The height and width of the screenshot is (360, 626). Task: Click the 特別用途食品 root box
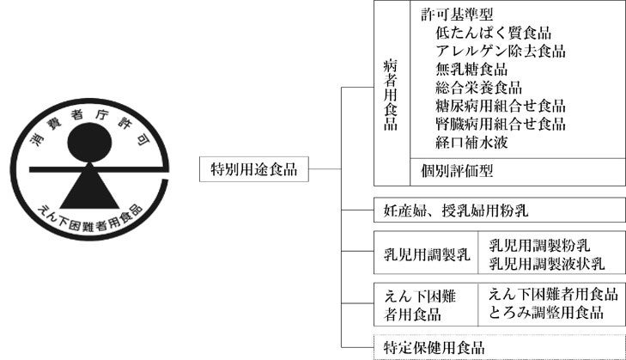click(253, 169)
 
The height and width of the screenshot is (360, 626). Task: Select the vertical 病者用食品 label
click(391, 95)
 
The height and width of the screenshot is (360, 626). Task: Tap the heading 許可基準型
click(457, 15)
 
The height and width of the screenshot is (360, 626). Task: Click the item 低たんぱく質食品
click(493, 34)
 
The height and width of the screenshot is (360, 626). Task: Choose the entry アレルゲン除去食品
click(500, 52)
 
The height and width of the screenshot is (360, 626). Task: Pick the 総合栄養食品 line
click(478, 88)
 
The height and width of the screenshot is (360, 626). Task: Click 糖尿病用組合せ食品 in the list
click(500, 106)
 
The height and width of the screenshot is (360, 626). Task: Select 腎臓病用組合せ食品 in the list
click(500, 124)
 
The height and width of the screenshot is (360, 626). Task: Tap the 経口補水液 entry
click(471, 142)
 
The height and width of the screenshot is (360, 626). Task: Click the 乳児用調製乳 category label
click(427, 253)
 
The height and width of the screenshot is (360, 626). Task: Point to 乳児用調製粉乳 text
click(539, 245)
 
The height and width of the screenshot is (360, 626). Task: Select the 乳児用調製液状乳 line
click(546, 262)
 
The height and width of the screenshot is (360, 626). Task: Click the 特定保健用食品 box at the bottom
click(433, 347)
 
